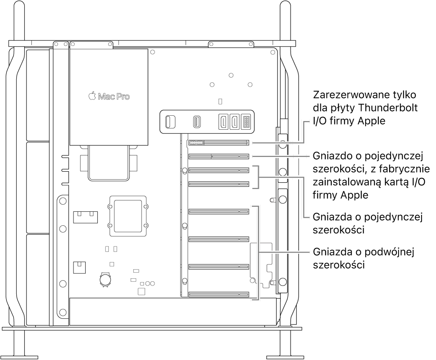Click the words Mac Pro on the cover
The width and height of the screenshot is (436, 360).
coord(114,97)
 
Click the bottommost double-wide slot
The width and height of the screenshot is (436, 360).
coord(218,294)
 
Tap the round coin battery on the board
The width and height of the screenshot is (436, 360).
coord(105,279)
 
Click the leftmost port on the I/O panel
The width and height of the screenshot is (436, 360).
coord(170,121)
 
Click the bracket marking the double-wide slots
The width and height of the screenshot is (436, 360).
coord(259,253)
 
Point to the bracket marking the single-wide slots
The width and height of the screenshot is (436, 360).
coord(259,177)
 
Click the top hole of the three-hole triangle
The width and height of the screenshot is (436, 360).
coord(231,75)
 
